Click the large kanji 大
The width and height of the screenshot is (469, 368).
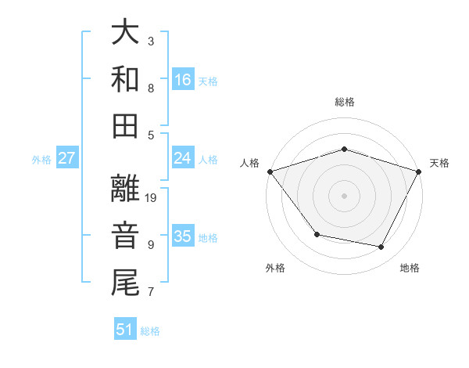[125, 32]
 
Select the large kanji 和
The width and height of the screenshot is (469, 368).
[125, 78]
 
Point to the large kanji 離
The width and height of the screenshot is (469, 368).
[125, 188]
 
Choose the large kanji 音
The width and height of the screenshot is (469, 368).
[125, 235]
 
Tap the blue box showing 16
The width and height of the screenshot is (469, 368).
[183, 80]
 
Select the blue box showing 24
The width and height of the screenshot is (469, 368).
[183, 158]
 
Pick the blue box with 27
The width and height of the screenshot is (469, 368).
[67, 158]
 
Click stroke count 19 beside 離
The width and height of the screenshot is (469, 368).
[152, 198]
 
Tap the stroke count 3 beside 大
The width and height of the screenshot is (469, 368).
[151, 41]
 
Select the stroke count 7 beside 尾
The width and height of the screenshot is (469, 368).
[151, 292]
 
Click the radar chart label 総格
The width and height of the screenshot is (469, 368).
[344, 102]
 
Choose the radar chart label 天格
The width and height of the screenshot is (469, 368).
[439, 163]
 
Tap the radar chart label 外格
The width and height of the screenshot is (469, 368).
[275, 268]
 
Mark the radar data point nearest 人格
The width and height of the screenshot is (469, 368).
[270, 171]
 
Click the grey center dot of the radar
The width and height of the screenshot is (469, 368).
[344, 195]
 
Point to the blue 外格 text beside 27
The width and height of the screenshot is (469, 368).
[41, 159]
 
